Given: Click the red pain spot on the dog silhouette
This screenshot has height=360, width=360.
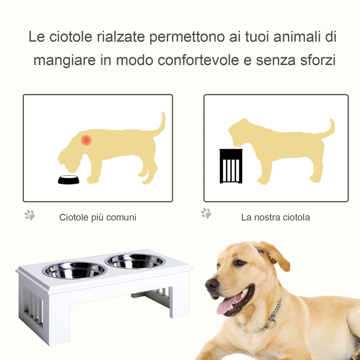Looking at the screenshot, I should (x=86, y=140).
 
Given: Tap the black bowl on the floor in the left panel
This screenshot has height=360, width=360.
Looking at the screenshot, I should (x=69, y=180).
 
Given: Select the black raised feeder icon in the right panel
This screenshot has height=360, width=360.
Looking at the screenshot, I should (x=231, y=166).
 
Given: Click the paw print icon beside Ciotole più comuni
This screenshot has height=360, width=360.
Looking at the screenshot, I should (x=30, y=215).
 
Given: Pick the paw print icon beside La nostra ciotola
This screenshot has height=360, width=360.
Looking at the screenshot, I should (x=206, y=213).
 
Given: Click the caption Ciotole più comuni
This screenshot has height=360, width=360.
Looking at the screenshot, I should (x=97, y=217).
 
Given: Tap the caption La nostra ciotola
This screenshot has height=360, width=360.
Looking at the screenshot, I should (x=275, y=217).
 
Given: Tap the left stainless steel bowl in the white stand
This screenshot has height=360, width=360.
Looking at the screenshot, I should (x=75, y=270).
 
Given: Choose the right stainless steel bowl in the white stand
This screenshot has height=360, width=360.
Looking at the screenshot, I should (x=135, y=261).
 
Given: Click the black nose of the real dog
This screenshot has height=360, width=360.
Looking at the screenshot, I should (x=212, y=284).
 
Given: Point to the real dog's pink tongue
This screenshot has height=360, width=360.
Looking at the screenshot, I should (x=227, y=304).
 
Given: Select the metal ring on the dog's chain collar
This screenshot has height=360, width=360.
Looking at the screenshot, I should (x=270, y=323).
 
